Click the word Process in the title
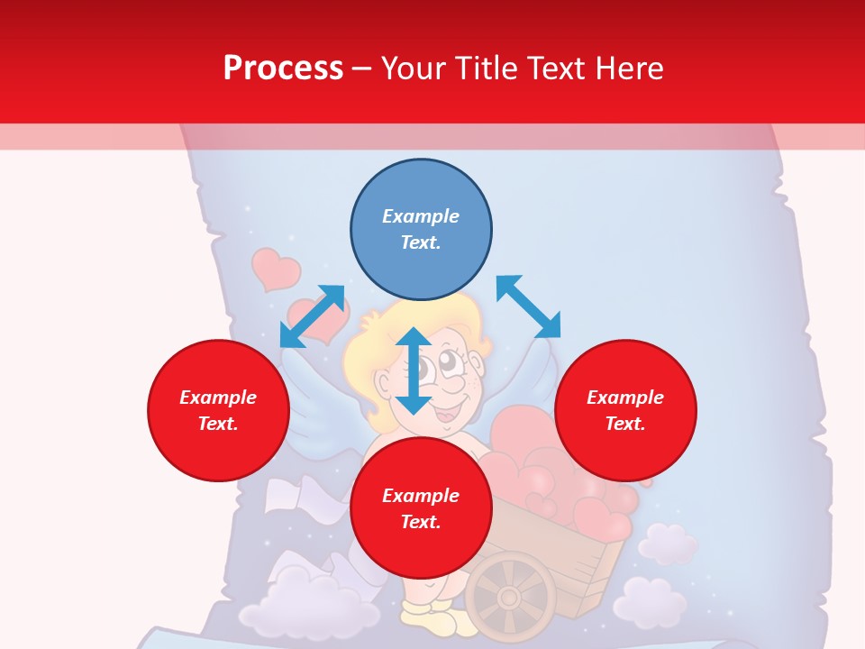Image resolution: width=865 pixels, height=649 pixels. pos(283,69)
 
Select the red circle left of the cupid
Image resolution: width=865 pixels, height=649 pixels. pos(218,410)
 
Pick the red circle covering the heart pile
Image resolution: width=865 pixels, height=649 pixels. pos(625,410)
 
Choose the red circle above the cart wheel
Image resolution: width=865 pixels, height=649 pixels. pos(421,509)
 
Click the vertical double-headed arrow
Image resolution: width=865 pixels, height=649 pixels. pos(414,370)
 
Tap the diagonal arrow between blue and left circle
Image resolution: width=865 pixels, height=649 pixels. pos(313,315)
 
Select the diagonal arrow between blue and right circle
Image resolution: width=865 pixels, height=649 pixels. pos(528,306)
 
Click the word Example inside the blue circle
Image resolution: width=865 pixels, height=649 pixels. pos(421,216)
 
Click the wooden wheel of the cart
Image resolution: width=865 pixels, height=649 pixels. pos(510,596)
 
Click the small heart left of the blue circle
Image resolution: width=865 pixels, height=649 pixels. pos(275,269)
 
